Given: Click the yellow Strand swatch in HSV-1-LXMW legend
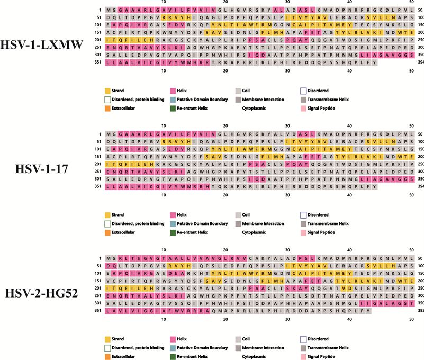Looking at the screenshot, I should click(x=107, y=91).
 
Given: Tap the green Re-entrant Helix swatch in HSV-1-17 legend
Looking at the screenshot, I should click(x=173, y=232).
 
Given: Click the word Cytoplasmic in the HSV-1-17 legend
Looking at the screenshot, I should click(x=255, y=232).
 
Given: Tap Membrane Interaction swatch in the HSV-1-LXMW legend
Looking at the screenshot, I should click(x=238, y=100).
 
